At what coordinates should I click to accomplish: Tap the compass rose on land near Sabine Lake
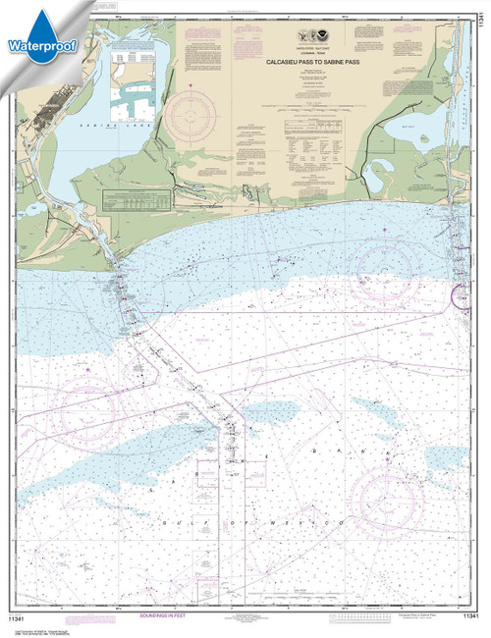click(x=194, y=116)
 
